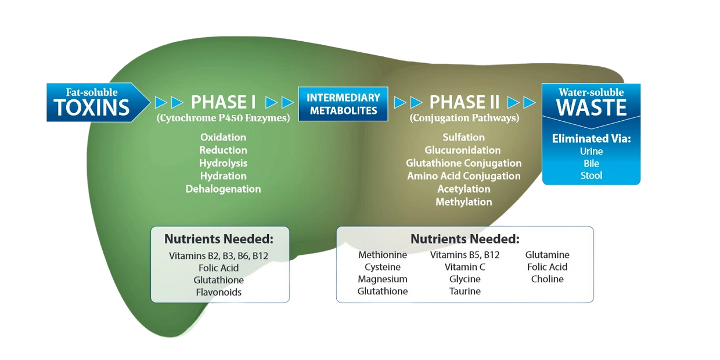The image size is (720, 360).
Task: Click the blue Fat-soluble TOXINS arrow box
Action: tap(93, 103)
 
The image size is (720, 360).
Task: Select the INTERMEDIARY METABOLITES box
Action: tap(343, 104)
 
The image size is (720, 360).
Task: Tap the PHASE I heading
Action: tap(224, 103)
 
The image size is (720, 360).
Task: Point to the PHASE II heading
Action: tap(465, 103)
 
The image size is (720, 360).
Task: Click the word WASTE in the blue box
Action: tap(591, 107)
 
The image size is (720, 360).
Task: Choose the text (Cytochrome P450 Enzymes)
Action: tap(223, 118)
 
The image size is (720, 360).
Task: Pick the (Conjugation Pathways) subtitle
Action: tap(464, 118)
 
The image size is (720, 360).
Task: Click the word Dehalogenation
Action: tap(223, 189)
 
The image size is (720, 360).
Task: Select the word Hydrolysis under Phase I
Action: tap(223, 163)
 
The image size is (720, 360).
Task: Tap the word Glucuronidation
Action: tap(463, 150)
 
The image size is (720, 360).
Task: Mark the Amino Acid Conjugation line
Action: tap(463, 176)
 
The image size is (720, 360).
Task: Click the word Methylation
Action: tap(463, 202)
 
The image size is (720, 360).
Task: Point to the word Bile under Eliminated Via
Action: tap(591, 164)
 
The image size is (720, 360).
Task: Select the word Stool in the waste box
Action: tap(591, 176)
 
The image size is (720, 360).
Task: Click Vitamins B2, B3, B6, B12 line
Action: tap(219, 255)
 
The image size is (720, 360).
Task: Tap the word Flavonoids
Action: tap(219, 292)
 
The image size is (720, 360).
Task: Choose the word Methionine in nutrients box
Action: tap(383, 255)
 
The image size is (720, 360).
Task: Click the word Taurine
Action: tap(465, 291)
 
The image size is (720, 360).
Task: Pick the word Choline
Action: tap(547, 279)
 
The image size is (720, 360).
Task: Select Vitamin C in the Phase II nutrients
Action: tap(465, 267)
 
